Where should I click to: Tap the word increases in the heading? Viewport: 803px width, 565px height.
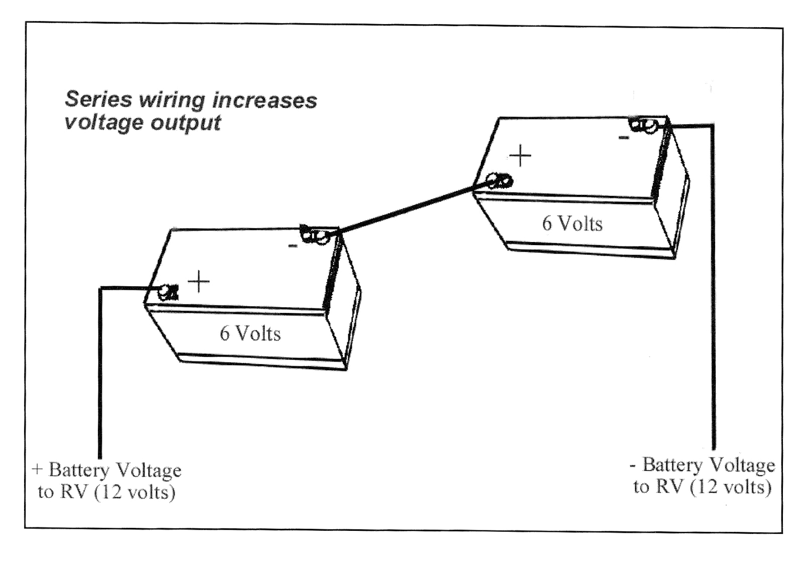point(264,100)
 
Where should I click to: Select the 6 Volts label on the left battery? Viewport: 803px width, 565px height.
point(250,333)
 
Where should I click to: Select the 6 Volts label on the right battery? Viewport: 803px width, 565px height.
point(572,223)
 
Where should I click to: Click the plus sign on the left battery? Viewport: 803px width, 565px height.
point(199,281)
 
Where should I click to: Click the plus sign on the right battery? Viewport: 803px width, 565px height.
point(520,156)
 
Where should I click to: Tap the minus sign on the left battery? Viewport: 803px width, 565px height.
point(293,246)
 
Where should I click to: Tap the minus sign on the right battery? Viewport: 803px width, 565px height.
point(623,137)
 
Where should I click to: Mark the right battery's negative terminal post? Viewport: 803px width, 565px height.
point(650,125)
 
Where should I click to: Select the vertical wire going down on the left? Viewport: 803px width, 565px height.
point(100,377)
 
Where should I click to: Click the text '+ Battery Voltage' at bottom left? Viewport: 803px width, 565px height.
point(106,470)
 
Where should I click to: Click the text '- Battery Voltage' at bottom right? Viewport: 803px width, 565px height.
point(703,465)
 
